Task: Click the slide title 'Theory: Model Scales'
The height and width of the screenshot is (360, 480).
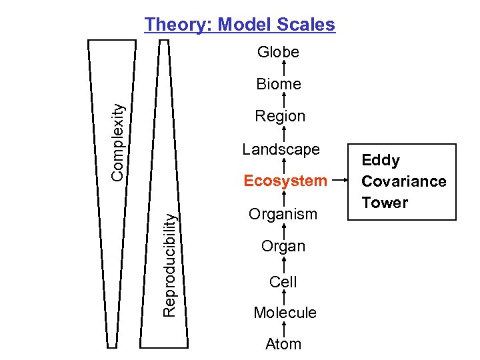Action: tap(240, 25)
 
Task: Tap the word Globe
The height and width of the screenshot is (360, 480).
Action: tap(278, 52)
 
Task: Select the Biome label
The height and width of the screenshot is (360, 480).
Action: tap(279, 84)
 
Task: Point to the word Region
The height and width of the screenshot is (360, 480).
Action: tap(280, 116)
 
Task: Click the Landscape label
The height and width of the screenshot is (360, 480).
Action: tap(281, 149)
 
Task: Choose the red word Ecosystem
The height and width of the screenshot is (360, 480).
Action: tap(285, 181)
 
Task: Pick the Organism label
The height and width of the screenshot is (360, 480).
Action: tap(283, 214)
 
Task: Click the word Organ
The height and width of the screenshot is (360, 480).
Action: tap(283, 246)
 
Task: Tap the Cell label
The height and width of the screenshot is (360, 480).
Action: tap(283, 282)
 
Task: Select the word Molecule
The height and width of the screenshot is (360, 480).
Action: tap(285, 313)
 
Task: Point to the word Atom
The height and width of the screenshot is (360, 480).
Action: tap(283, 344)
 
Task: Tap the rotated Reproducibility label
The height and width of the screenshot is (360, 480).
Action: tap(170, 264)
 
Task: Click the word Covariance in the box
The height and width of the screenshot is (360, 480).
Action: tap(403, 181)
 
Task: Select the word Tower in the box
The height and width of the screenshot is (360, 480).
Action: tap(385, 203)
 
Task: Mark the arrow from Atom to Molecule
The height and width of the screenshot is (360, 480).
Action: tap(285, 329)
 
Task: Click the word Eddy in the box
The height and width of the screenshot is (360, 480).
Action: tap(381, 160)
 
